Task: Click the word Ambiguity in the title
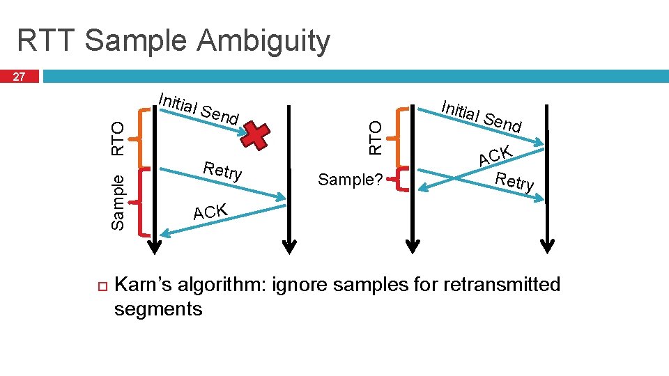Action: click(x=264, y=42)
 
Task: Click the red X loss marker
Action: click(x=256, y=136)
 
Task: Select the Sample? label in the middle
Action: click(x=350, y=180)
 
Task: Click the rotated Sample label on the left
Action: click(x=118, y=202)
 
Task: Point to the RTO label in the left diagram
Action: click(x=118, y=138)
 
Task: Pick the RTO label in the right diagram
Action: click(x=376, y=137)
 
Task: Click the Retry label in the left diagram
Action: click(x=222, y=171)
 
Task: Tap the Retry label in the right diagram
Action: click(x=514, y=181)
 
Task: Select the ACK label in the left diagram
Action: click(x=211, y=211)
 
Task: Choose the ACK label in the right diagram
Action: click(x=495, y=157)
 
